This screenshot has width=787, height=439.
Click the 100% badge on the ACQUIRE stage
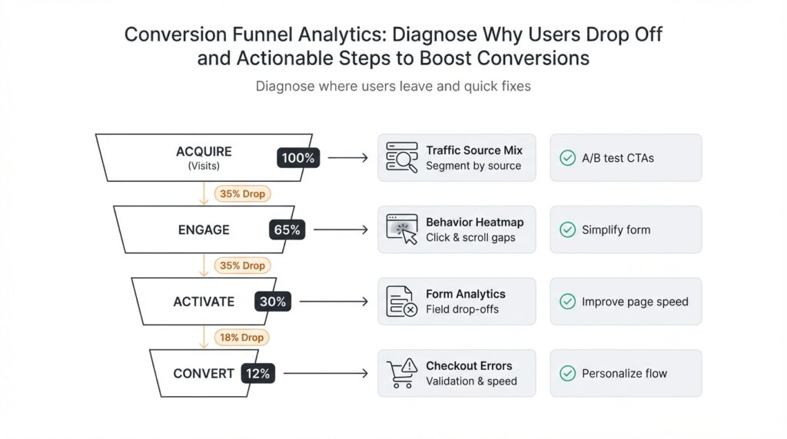pos(298,158)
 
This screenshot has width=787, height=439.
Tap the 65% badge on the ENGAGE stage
pos(287,229)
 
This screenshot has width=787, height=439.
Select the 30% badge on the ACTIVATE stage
pos(273,302)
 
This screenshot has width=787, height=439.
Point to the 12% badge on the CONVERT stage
pos(258,374)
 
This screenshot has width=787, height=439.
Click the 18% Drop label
pos(241,338)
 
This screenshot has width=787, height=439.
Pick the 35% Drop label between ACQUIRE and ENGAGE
pos(241,194)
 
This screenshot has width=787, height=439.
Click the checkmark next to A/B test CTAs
pos(567,158)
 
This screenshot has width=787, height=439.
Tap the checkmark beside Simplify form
pos(567,229)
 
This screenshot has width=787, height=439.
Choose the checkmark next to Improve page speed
pos(567,302)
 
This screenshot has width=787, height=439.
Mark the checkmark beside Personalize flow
pos(567,374)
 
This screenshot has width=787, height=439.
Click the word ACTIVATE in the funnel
pos(204,302)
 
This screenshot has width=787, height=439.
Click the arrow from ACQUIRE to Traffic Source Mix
pos(347,158)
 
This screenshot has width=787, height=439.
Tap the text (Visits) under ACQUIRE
pos(204,166)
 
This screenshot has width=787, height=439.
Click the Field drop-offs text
pos(462,309)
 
